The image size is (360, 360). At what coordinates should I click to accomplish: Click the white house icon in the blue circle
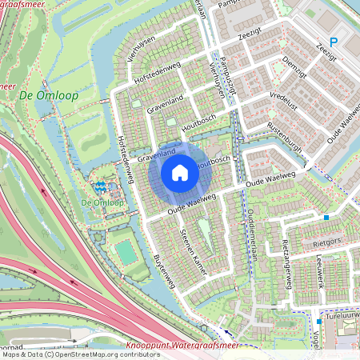coord(180,172)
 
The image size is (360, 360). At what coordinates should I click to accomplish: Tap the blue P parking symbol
coord(334,42)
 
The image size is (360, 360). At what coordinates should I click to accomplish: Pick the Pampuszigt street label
coord(225,77)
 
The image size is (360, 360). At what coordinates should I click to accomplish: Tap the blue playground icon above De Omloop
coord(100,186)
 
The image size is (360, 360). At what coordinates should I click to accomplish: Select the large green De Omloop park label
coord(37,96)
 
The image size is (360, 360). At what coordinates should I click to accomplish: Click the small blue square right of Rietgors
coord(326,217)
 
